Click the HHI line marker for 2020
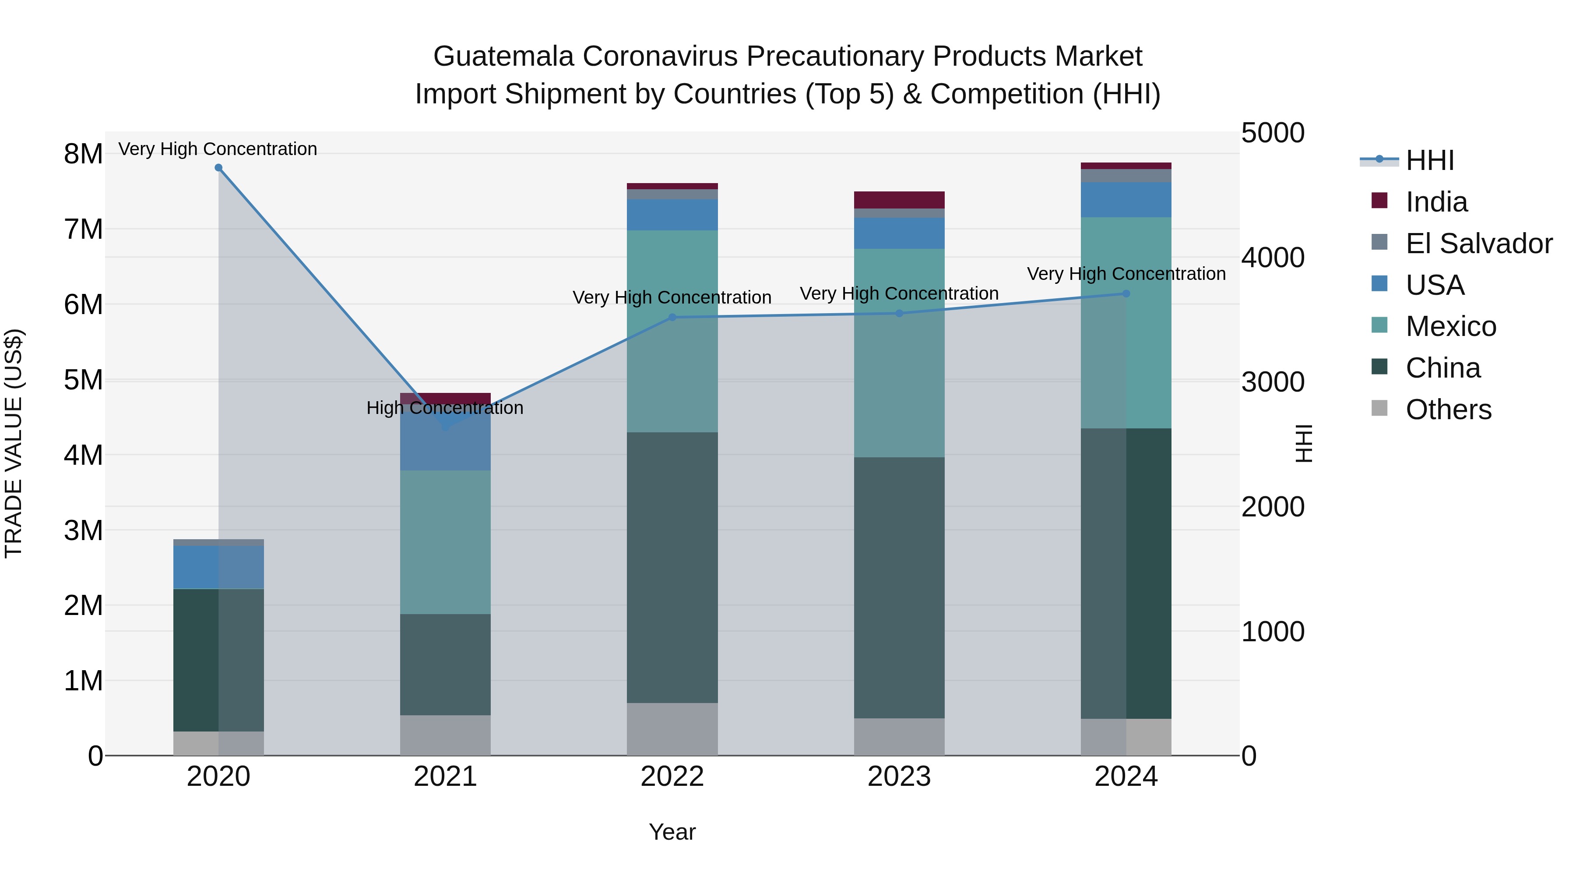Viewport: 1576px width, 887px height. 218,168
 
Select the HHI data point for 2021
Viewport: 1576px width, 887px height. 445,426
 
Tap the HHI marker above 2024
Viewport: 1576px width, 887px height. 1126,294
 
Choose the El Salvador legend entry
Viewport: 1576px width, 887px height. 1478,244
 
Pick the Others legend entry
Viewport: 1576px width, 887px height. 1448,410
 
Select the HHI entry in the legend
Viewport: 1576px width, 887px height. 1429,160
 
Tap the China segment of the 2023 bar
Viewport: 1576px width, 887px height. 899,588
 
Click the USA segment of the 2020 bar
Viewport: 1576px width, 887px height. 218,567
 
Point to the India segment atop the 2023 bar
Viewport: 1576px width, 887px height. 899,200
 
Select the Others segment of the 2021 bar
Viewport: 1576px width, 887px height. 445,735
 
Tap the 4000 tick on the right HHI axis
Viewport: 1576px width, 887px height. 1273,258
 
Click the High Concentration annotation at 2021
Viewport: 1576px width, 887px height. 445,408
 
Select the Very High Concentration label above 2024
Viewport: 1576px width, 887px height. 1126,274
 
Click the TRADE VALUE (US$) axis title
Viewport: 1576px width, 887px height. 14,443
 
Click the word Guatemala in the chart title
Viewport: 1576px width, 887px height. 503,57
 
